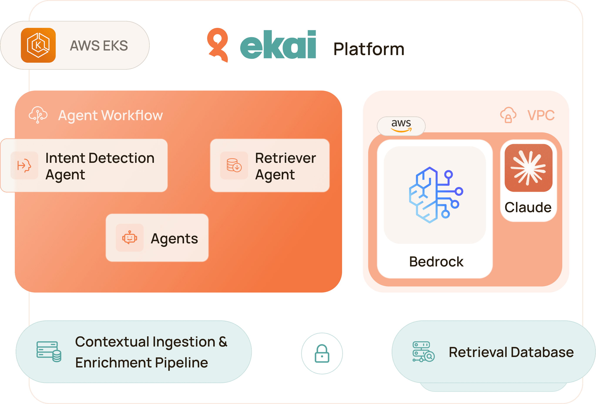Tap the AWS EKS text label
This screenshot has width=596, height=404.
[99, 46]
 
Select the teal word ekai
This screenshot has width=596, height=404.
[278, 45]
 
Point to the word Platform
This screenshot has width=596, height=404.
[369, 49]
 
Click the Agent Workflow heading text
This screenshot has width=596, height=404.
[110, 115]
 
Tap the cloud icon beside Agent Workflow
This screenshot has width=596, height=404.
[38, 115]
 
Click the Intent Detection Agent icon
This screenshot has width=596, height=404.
[24, 165]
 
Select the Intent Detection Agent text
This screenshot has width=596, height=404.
[99, 166]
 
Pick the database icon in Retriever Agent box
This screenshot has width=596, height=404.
[234, 165]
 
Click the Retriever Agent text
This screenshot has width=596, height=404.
[285, 166]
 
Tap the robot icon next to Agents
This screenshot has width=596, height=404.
[129, 237]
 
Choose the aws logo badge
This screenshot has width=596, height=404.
[401, 126]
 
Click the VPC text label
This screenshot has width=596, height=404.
[541, 115]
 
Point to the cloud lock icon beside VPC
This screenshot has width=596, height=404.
[508, 115]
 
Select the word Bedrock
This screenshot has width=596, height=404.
[436, 262]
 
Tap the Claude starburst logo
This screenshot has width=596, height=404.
[528, 168]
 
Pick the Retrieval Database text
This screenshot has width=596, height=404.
[511, 352]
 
